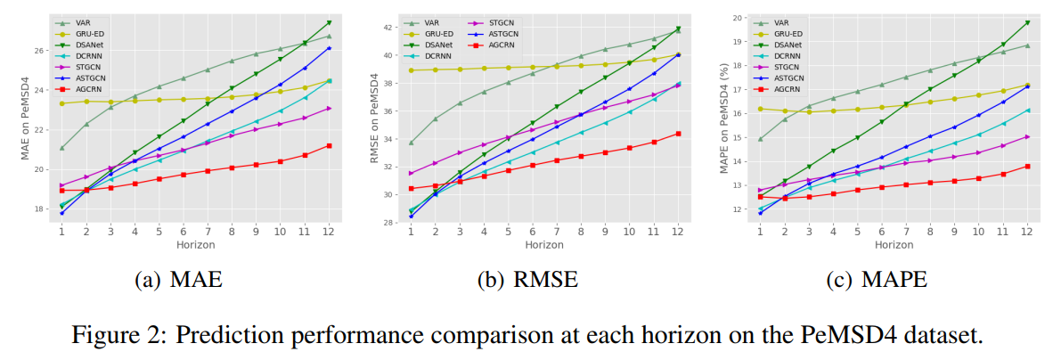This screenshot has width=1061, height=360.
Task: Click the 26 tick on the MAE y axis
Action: click(x=41, y=50)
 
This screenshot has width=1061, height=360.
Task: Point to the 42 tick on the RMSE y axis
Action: click(x=389, y=28)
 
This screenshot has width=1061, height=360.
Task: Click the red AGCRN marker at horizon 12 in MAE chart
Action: click(x=329, y=145)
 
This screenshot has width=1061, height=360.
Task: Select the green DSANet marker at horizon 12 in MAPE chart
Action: click(x=1026, y=22)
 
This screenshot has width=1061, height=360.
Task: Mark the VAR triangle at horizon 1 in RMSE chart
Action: click(x=411, y=143)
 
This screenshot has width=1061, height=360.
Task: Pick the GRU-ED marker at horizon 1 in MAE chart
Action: click(x=61, y=103)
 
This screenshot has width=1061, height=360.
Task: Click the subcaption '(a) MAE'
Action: click(x=178, y=281)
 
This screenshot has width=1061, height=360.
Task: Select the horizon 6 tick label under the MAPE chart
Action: click(x=881, y=231)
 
